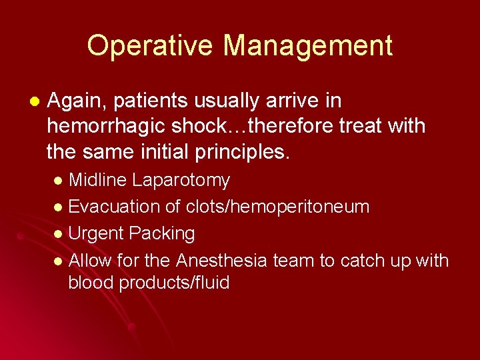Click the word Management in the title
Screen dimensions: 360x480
pyautogui.click(x=307, y=46)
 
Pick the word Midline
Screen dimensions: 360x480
pyautogui.click(x=98, y=181)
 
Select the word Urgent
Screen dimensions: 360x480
pyautogui.click(x=97, y=233)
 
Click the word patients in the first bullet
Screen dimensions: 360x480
pyautogui.click(x=148, y=102)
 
